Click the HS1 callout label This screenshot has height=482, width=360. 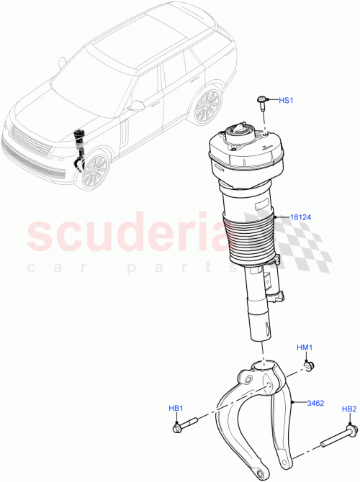point(285,101)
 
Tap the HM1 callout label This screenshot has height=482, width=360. point(305,348)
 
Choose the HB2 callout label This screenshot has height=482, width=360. point(348,409)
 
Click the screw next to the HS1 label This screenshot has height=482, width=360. point(263,102)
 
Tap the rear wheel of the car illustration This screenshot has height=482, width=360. point(207,106)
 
